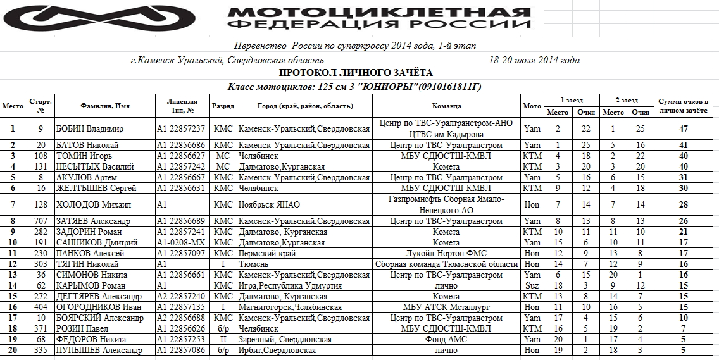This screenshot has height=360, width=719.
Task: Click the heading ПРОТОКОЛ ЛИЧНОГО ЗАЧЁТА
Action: (x=356, y=73)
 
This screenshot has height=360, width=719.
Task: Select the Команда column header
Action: (x=446, y=106)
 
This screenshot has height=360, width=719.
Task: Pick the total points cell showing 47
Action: (x=684, y=128)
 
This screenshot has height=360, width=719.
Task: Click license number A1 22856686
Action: (x=181, y=146)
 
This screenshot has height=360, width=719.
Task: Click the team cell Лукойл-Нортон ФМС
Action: (x=447, y=253)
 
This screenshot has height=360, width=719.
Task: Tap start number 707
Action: (x=41, y=221)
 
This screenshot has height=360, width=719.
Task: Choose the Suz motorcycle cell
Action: (x=532, y=285)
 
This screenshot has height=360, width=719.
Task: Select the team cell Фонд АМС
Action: (x=447, y=339)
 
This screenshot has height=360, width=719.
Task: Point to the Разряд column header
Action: (x=223, y=106)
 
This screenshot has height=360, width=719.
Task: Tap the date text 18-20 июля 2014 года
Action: (x=534, y=60)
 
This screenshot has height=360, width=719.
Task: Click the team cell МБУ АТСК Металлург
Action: (x=447, y=307)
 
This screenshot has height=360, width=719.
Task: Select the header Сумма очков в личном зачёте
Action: (x=684, y=106)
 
